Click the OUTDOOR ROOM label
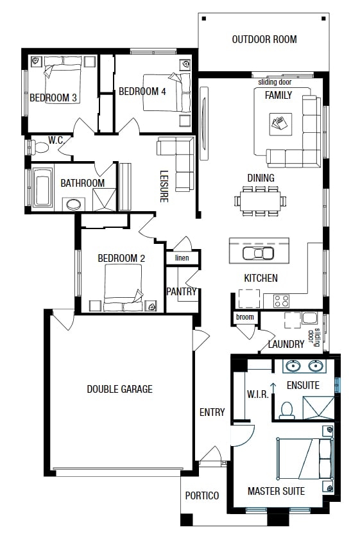[264, 39]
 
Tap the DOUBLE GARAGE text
[119, 389]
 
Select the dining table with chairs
[261, 199]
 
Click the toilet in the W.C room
[40, 148]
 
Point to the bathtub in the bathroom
[43, 188]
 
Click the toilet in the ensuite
[286, 409]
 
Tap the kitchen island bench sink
[259, 252]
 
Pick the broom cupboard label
[244, 317]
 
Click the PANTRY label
[181, 291]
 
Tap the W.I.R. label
[257, 393]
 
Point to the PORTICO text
[202, 495]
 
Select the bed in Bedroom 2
[123, 286]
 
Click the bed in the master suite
[305, 458]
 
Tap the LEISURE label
[164, 186]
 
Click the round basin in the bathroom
[74, 205]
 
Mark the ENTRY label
[212, 412]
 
